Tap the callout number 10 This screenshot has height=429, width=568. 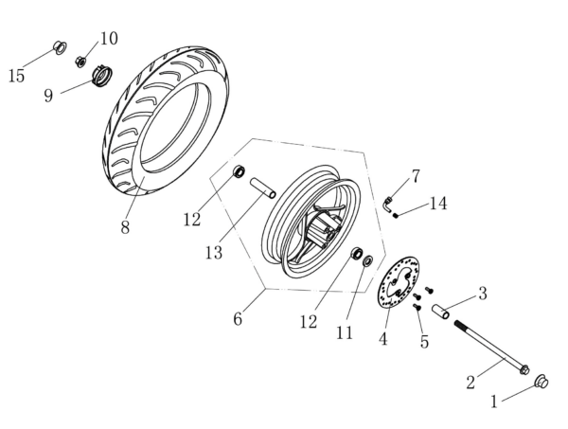[x=109, y=39]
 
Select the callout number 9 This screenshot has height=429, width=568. [x=47, y=96]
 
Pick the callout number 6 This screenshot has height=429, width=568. [x=238, y=319]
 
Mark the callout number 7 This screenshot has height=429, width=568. [x=415, y=177]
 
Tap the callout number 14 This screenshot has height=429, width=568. [x=437, y=204]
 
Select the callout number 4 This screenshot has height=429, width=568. [x=383, y=338]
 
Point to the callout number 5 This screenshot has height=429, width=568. [x=423, y=341]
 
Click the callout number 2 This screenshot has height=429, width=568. [x=470, y=382]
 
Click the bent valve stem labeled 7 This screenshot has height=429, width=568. [x=389, y=202]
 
